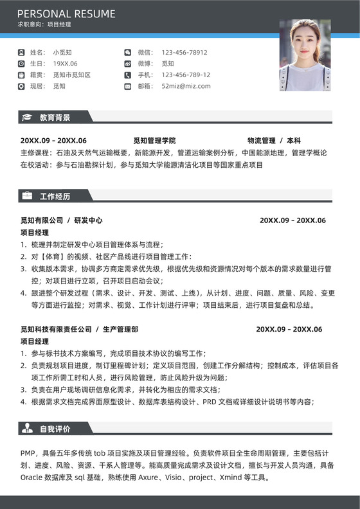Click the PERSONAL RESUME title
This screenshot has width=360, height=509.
66,13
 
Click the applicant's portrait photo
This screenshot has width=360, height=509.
305,55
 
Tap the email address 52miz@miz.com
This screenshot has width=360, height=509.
186,85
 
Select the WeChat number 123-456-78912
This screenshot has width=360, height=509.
184,52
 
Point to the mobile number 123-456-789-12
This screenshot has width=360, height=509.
186,75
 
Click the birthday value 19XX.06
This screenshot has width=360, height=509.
65,64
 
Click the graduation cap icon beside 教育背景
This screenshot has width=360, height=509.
27,118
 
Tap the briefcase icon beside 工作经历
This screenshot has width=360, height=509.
27,195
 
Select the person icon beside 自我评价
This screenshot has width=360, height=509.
27,428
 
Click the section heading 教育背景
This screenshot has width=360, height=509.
55,118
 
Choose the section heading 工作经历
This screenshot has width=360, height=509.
55,196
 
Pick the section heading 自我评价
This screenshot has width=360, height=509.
55,429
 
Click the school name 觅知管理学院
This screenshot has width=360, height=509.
154,141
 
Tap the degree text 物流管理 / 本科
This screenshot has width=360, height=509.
274,141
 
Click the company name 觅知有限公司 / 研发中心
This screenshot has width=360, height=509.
61,220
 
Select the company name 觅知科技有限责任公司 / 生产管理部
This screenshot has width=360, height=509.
79,330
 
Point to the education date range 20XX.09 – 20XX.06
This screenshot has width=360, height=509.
53,141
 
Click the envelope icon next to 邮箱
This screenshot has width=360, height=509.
127,85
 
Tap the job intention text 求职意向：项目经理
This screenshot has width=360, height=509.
44,25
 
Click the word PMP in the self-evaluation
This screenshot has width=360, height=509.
29,452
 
